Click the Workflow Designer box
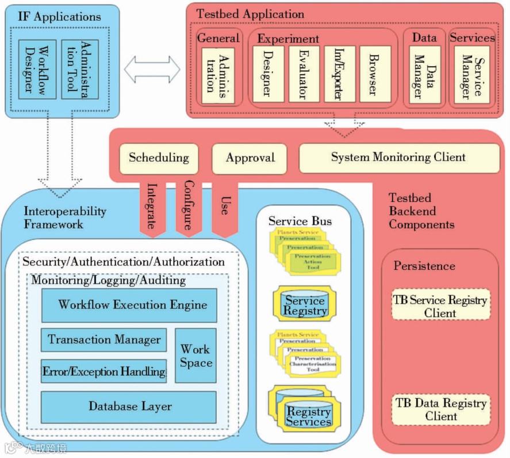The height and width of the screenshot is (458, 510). pyautogui.click(x=37, y=69)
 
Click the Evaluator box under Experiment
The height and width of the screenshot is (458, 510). pyautogui.click(x=304, y=74)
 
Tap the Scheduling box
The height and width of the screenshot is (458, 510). pyautogui.click(x=159, y=158)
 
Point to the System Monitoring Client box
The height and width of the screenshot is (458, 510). pyautogui.click(x=398, y=158)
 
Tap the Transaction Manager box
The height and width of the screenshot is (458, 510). pyautogui.click(x=104, y=339)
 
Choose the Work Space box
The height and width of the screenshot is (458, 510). pyautogui.click(x=195, y=356)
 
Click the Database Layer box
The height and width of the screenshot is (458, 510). pyautogui.click(x=129, y=407)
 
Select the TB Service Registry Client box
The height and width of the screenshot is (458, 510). pyautogui.click(x=440, y=306)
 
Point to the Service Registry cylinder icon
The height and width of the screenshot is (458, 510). pyautogui.click(x=305, y=305)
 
